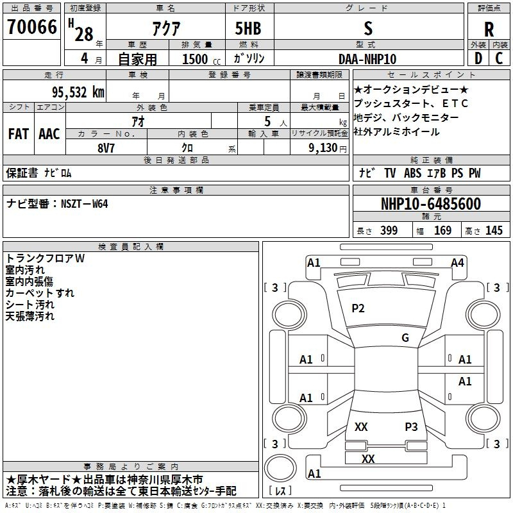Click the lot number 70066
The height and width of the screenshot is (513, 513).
coord(32,27)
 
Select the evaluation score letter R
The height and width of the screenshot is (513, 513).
coord(489,29)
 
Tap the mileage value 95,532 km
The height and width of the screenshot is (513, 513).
coord(78,92)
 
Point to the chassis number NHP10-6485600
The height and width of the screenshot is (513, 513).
coord(431,204)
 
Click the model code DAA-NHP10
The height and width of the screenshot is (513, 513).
coord(367,59)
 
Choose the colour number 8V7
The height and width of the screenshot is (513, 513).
coord(106,148)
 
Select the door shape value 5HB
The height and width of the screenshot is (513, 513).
coord(248,28)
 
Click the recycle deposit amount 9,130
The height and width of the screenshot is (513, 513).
coord(323,148)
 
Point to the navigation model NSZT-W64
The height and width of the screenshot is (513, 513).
coord(85,204)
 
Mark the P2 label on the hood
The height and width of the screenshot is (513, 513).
coord(358,308)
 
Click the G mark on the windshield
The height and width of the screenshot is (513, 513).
coord(405,338)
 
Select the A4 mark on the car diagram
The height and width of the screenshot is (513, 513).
coord(457,263)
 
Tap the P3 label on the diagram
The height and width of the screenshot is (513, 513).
coord(411,426)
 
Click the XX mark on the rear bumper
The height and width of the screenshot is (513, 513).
coord(368,458)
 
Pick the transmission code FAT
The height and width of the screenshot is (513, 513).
coord(19,134)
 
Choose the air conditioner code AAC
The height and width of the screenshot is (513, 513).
coord(49,134)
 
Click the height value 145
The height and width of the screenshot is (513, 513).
coord(494,230)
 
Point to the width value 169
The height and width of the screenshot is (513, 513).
coord(442,230)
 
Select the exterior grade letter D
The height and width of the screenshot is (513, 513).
coord(478,58)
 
